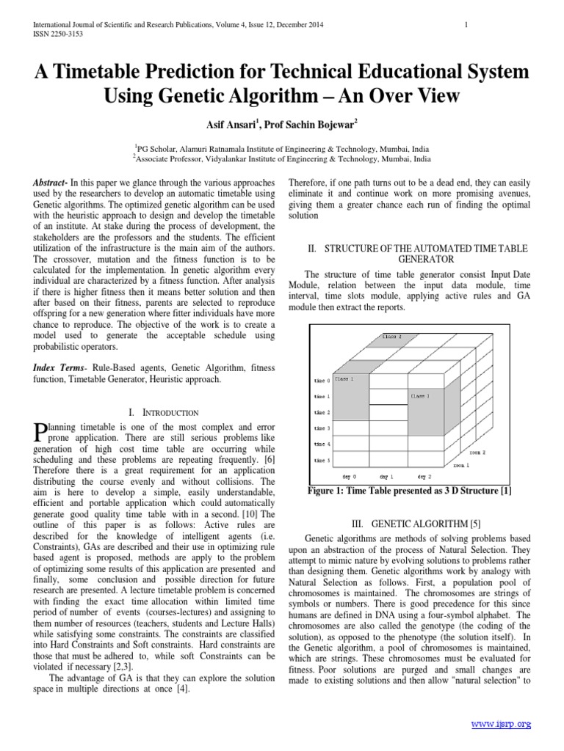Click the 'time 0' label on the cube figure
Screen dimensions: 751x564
click(x=322, y=381)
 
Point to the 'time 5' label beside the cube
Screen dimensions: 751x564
click(x=322, y=460)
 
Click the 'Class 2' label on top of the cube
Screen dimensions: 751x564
click(x=393, y=337)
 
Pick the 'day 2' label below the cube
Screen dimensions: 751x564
click(x=424, y=476)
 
